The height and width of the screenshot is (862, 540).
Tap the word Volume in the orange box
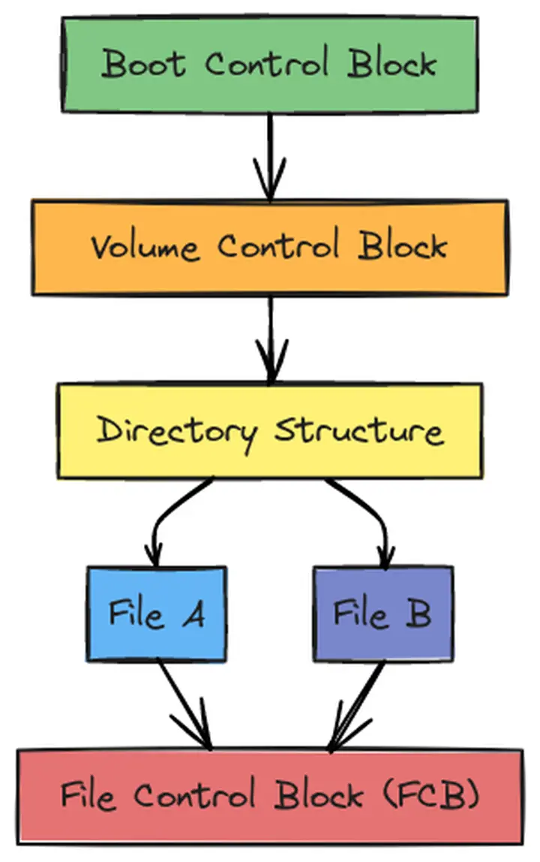(x=145, y=247)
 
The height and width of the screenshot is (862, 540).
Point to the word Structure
(x=359, y=431)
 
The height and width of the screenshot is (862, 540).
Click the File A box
(x=156, y=614)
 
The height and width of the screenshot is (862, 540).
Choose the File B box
(x=382, y=614)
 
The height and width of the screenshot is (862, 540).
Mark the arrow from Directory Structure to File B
(x=372, y=518)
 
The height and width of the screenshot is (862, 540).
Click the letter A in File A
(x=193, y=615)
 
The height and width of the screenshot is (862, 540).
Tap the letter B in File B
(x=418, y=615)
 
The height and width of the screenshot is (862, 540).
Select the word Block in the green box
(x=392, y=64)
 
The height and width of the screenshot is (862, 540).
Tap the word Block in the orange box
(x=403, y=246)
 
